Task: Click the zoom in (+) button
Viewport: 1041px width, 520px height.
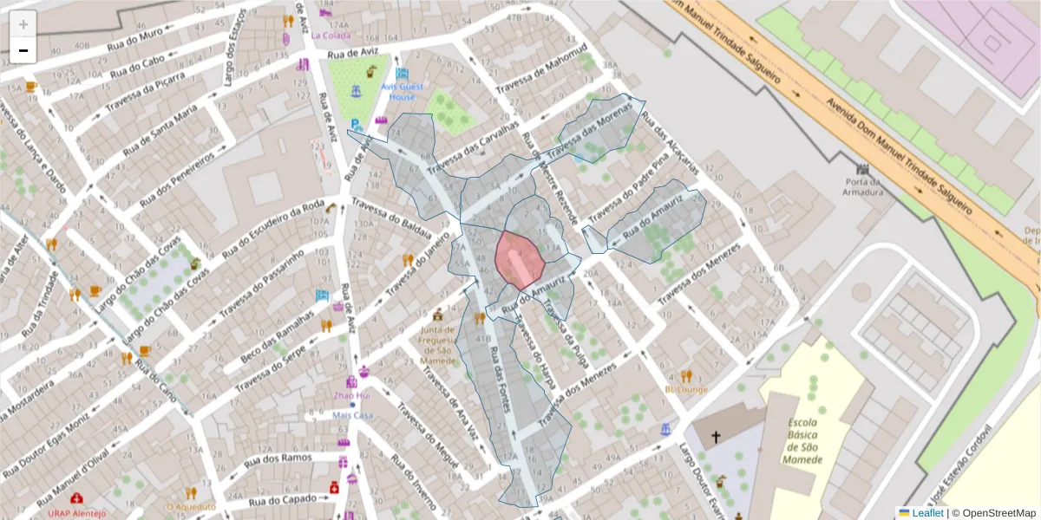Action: [x=23, y=24]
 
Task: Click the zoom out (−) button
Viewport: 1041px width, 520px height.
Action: [x=23, y=50]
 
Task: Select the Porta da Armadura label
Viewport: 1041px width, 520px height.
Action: [x=863, y=187]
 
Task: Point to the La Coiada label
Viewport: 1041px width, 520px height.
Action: [x=331, y=36]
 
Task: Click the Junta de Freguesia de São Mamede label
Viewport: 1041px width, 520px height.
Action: [x=438, y=344]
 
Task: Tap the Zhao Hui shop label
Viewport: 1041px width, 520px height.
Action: [x=352, y=396]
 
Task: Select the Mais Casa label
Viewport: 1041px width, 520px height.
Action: [x=352, y=415]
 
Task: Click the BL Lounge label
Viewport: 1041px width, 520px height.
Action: [x=686, y=389]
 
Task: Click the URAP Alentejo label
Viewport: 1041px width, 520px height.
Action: [x=76, y=512]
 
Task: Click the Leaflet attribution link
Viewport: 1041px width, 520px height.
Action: [x=927, y=512]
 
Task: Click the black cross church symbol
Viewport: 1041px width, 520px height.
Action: [x=716, y=438]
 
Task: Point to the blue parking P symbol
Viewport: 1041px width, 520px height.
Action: [x=356, y=126]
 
